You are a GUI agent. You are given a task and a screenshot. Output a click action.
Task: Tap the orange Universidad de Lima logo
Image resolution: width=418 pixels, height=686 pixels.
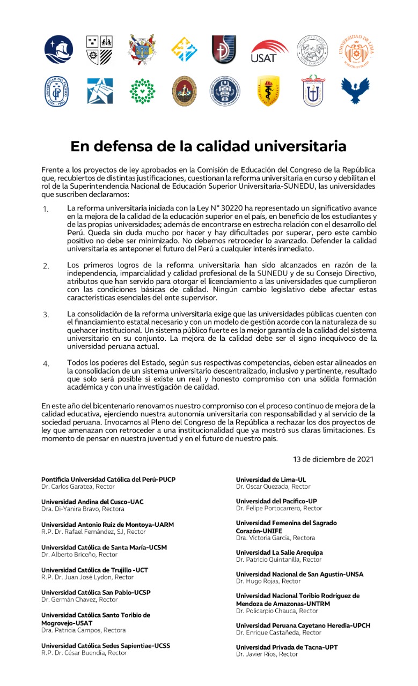[356, 50]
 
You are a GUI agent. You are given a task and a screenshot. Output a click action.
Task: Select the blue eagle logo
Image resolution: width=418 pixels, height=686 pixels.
[356, 90]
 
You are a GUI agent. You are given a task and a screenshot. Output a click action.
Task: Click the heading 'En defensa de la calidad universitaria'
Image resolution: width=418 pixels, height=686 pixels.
[209, 146]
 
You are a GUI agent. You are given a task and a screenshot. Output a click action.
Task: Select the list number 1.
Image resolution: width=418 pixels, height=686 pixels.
[46, 208]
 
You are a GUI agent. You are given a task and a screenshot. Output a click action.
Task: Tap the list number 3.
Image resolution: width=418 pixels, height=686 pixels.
[46, 315]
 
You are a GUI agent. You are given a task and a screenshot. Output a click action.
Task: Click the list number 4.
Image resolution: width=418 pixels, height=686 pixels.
[46, 364]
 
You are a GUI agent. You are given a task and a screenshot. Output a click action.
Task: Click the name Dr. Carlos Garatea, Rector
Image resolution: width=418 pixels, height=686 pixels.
[80, 487]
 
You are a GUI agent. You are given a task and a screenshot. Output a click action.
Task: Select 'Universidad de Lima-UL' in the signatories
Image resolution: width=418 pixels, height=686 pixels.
[271, 479]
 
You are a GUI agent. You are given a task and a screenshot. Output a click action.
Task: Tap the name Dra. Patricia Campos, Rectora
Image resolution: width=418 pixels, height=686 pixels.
[84, 630]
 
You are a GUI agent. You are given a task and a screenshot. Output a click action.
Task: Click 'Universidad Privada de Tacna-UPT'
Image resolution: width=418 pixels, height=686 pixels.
[287, 647]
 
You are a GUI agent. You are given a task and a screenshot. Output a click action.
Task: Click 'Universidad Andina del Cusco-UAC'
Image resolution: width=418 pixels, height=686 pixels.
[92, 502]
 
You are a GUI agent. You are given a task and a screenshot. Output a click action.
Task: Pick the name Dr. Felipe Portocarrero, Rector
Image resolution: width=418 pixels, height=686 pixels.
[279, 508]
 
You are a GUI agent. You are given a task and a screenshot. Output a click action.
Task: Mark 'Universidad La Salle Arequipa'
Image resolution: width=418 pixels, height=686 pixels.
[280, 552]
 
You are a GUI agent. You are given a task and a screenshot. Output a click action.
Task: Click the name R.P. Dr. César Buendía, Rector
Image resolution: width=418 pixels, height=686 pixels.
[84, 653]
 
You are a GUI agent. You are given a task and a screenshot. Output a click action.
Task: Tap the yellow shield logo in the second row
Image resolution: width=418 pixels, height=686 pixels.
[269, 91]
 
